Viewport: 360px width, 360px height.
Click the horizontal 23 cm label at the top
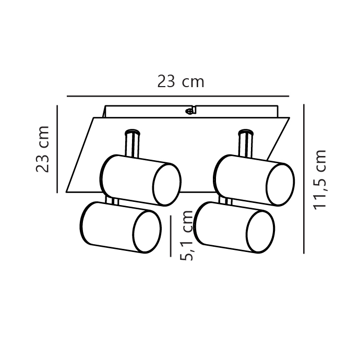181,81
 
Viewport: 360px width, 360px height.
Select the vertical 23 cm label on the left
43,149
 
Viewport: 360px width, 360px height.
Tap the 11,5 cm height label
320,179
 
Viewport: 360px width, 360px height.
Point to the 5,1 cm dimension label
187,235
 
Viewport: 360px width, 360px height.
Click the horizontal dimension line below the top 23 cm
178,96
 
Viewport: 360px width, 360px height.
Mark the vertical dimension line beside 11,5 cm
304,179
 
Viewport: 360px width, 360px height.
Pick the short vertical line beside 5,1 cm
171,236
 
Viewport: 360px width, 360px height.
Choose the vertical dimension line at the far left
57,149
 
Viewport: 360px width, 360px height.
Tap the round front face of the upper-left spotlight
167,185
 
